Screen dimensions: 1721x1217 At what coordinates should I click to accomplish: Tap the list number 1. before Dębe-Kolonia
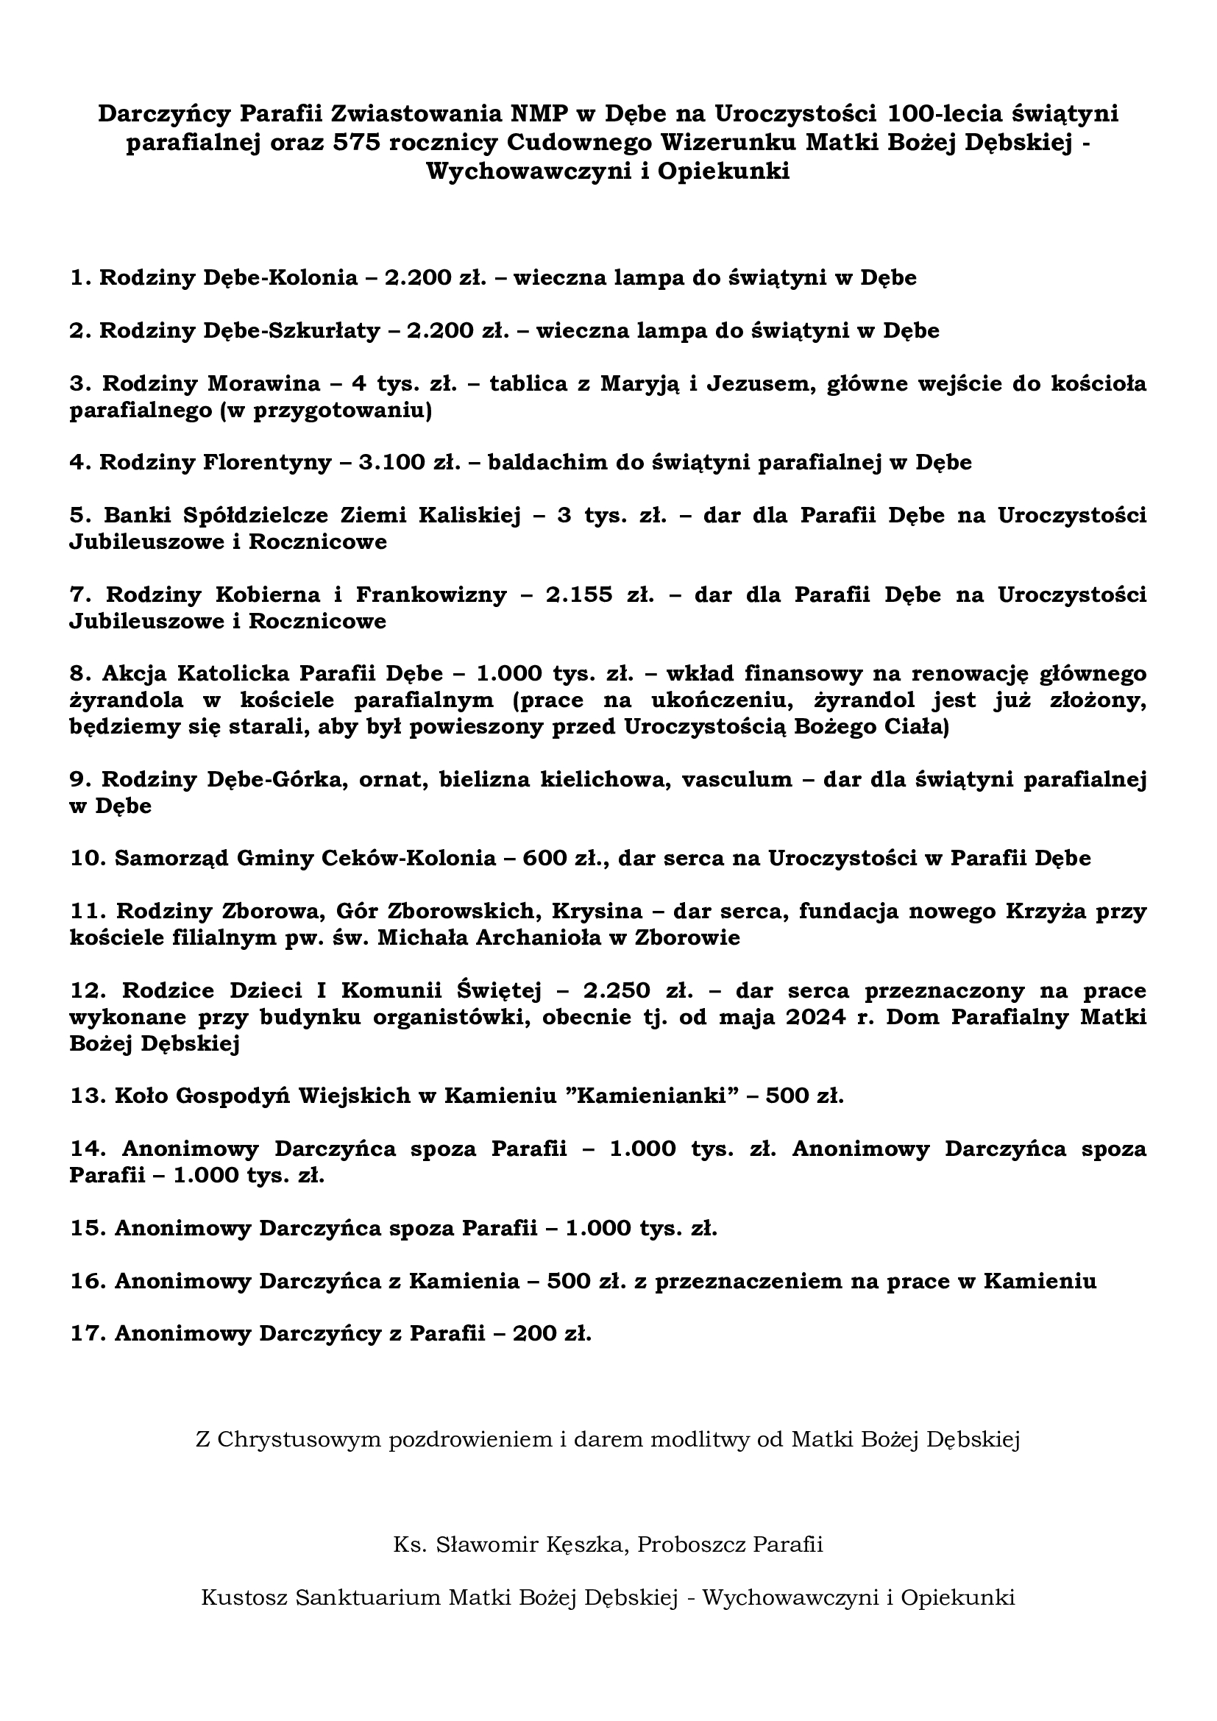coord(81,278)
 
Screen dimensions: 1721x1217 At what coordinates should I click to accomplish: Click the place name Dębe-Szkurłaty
coord(292,330)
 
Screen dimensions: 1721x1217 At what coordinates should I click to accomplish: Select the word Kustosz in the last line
coord(244,1597)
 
